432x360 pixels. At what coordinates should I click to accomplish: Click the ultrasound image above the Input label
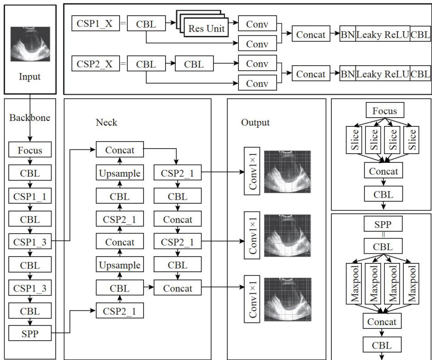(30, 44)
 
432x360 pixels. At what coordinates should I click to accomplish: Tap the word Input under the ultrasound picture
(29, 77)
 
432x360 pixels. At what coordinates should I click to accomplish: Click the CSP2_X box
(95, 64)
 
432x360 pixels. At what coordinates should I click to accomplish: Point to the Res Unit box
(207, 29)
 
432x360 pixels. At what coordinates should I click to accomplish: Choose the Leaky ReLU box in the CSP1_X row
(382, 34)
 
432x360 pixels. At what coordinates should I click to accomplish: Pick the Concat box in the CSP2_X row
(311, 74)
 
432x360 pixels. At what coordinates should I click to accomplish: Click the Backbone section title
(30, 117)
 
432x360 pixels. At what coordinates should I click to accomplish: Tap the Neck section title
(106, 122)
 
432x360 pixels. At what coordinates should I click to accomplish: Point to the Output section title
(255, 122)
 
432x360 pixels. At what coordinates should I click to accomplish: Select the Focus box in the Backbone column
(30, 150)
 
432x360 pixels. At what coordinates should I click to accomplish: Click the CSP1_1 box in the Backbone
(30, 196)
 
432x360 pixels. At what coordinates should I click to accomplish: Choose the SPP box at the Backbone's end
(30, 334)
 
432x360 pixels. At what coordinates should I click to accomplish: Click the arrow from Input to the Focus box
(30, 120)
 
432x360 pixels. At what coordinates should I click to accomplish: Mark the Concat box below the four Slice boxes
(383, 171)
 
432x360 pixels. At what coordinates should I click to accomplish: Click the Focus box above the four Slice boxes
(385, 111)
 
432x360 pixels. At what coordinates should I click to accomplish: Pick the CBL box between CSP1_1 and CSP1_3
(30, 219)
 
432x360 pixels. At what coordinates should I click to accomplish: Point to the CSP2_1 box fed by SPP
(120, 311)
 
